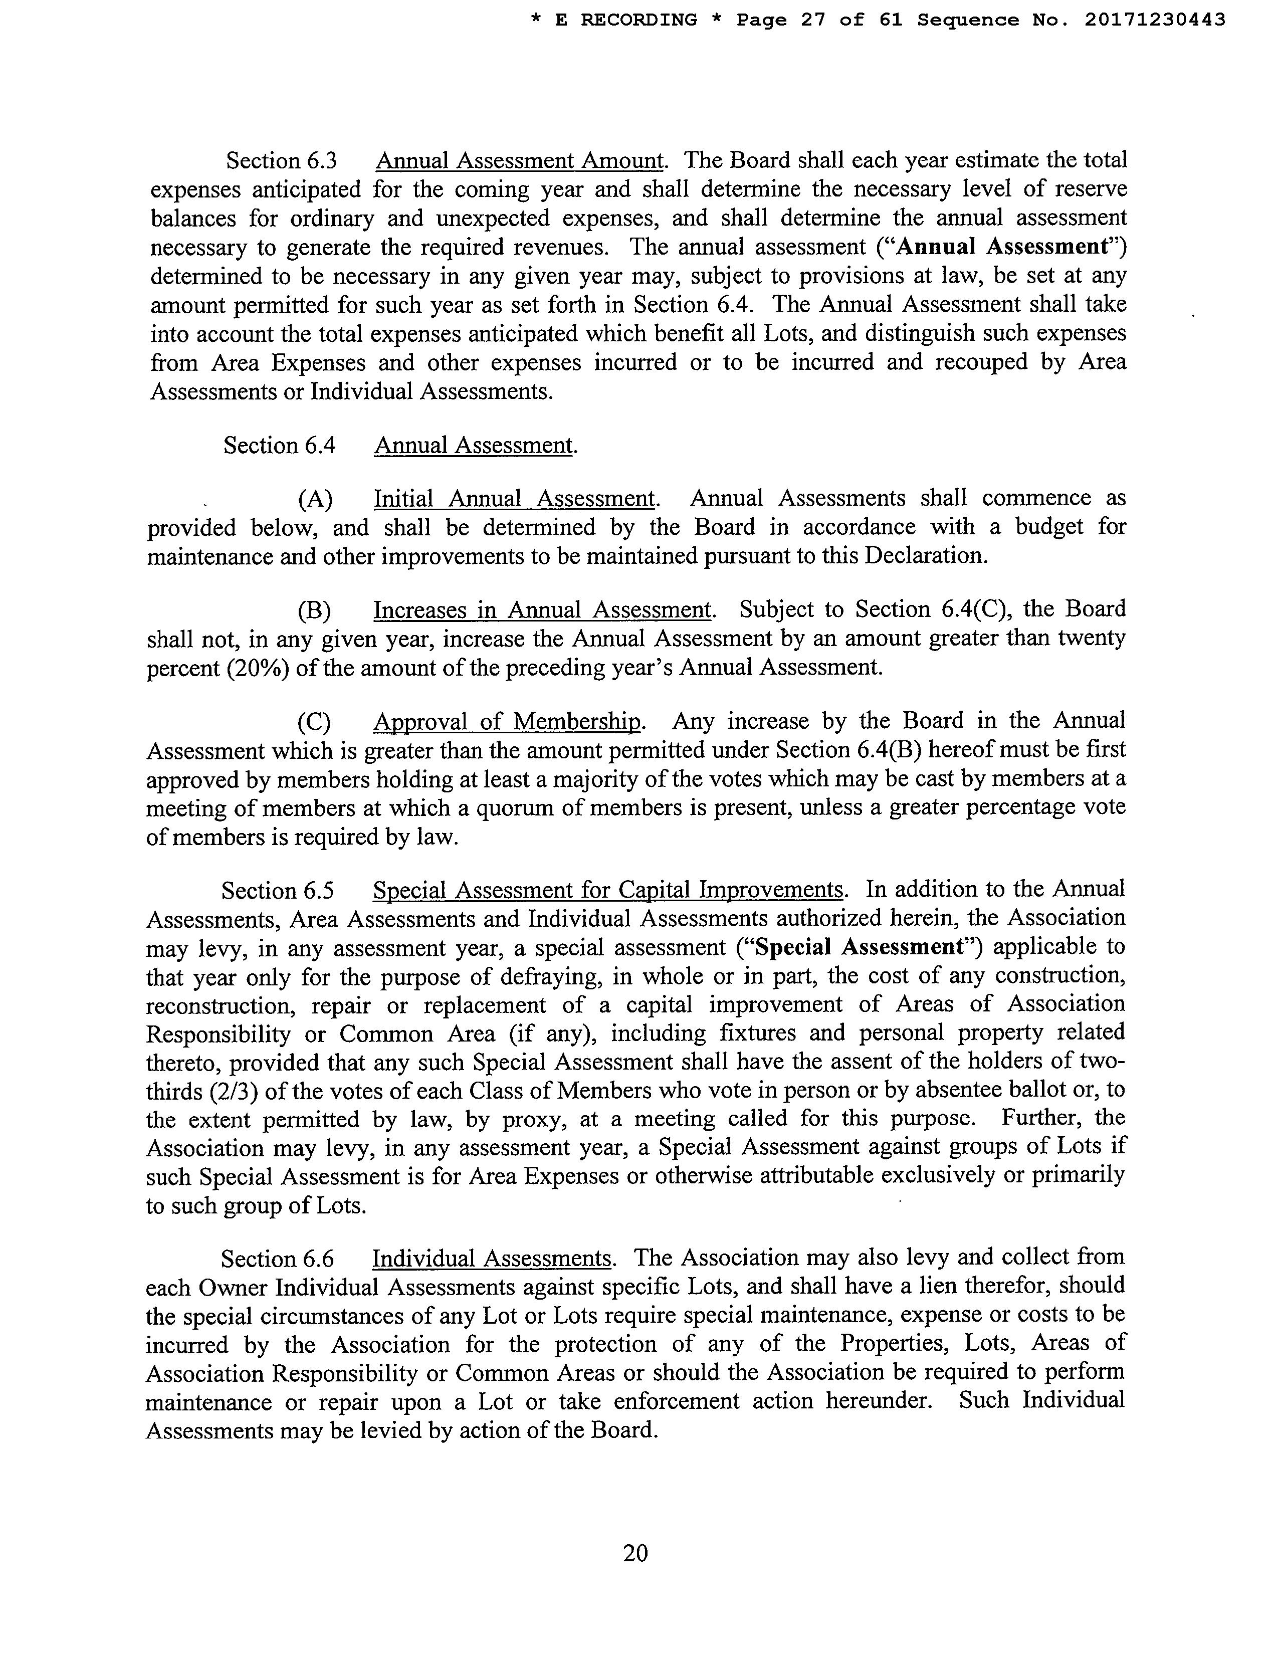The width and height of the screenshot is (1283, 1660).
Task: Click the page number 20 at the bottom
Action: tap(635, 1553)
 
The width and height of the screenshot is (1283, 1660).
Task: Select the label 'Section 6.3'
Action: tap(281, 161)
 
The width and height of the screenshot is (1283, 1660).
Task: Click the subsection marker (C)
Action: tap(314, 721)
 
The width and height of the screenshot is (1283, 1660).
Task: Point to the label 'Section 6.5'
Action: tap(278, 891)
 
